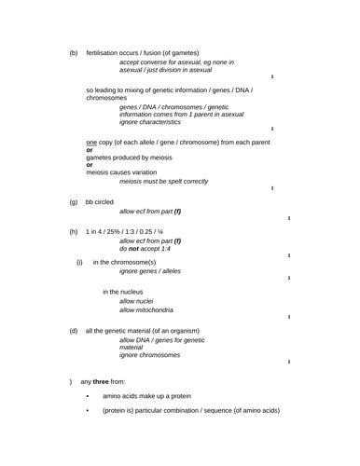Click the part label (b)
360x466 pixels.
[x=74, y=53]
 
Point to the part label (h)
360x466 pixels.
[x=74, y=231]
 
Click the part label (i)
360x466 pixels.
[x=80, y=262]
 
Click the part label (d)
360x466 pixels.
[x=74, y=331]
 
